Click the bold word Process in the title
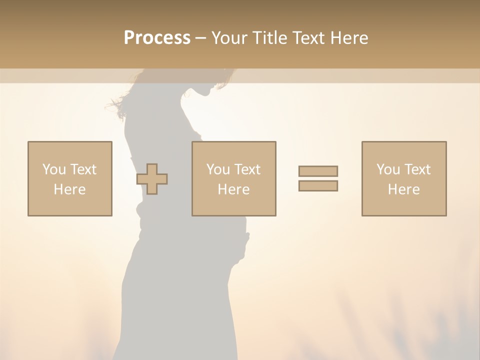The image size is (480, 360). click(x=157, y=37)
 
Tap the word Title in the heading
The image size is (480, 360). click(x=267, y=37)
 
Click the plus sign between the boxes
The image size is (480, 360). click(x=152, y=178)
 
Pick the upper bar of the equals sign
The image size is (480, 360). click(x=318, y=171)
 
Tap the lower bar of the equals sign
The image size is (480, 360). click(x=318, y=185)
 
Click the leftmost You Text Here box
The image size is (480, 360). click(x=69, y=178)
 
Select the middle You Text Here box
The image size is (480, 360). click(x=233, y=178)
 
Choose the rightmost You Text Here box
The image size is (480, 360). click(x=403, y=178)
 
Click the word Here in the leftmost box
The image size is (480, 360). click(x=69, y=189)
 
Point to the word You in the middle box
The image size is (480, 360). click(x=218, y=169)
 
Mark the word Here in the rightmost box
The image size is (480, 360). click(x=403, y=189)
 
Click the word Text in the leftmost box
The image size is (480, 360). click(x=83, y=169)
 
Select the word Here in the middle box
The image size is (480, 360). click(x=233, y=189)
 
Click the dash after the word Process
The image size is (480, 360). click(x=200, y=38)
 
